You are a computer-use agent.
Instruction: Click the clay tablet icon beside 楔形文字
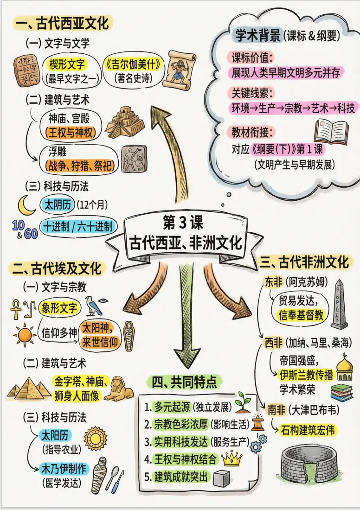click(26, 69)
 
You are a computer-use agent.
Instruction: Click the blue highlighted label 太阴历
click(58, 204)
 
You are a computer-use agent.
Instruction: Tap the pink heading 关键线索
click(252, 92)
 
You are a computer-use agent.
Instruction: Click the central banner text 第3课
click(184, 223)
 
